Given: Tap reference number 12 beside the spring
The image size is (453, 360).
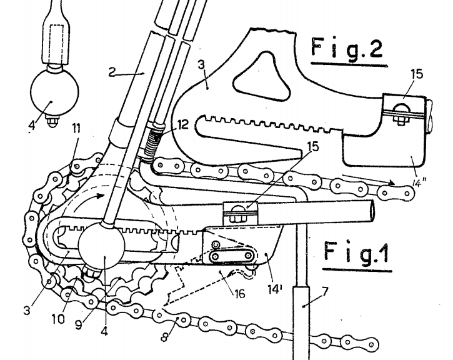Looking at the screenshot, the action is click(182, 124).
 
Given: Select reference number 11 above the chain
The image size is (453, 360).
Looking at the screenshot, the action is click(76, 129).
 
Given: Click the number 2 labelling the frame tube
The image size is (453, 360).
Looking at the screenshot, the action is click(112, 72).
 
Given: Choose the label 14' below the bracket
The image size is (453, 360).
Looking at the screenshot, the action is click(274, 289).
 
